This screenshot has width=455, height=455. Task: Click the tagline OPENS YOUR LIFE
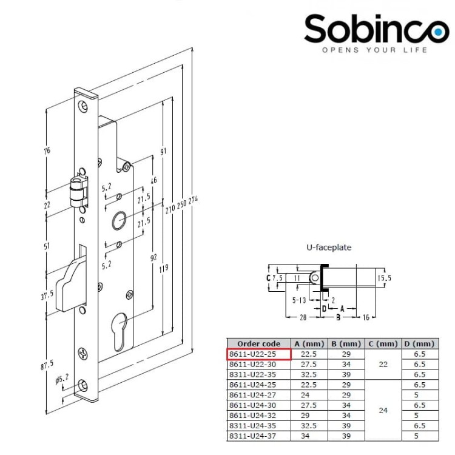[374, 50]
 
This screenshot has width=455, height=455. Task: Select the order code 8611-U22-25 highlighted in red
[259, 354]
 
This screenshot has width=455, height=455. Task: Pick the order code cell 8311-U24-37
[259, 436]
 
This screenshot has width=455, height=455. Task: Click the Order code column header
[259, 344]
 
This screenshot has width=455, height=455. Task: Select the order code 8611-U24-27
[259, 395]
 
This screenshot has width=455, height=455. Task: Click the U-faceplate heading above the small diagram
[328, 248]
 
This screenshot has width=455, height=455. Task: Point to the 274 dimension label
[195, 204]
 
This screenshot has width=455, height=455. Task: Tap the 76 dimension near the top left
[48, 150]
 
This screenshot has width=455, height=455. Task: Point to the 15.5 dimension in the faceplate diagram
[384, 277]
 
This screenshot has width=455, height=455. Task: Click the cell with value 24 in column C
[383, 410]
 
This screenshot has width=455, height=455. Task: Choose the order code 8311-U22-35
[259, 374]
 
